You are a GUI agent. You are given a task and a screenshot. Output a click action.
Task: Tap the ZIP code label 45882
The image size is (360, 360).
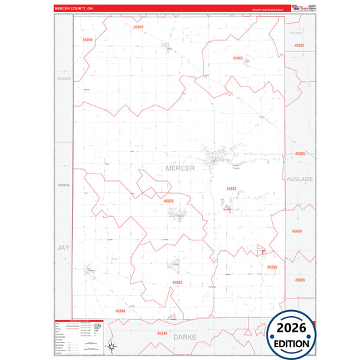tap(138, 27)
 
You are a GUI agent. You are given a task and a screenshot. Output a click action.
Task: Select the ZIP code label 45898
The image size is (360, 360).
tap(87, 40)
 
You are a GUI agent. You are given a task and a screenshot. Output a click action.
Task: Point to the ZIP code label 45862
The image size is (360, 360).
tap(238, 58)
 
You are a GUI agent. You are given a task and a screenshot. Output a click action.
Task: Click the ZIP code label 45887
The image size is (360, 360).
tap(300, 45)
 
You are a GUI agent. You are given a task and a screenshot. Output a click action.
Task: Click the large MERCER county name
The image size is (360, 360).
tap(180, 168)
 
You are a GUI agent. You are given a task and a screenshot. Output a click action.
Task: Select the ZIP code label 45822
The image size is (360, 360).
tap(232, 188)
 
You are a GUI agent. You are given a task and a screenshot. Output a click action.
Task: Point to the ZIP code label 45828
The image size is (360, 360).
tap(168, 201)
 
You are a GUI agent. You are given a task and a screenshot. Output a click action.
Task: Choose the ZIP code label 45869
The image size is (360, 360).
tap(298, 232)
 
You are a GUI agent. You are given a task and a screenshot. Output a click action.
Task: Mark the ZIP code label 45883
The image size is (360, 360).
tap(177, 282)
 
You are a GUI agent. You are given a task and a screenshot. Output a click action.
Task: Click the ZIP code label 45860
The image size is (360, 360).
tap(272, 267)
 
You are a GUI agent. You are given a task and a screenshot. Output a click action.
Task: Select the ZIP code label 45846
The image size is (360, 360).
tap(120, 311)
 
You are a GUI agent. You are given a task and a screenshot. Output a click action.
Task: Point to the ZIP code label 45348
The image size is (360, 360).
tap(162, 334)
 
